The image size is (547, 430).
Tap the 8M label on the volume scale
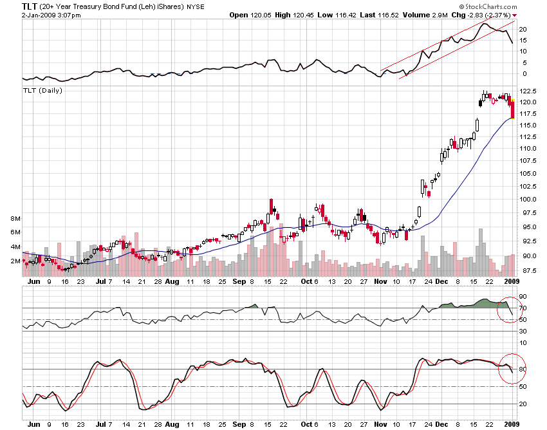click(x=15, y=219)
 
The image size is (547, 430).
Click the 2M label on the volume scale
click(x=15, y=261)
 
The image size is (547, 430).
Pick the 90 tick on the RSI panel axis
click(x=523, y=297)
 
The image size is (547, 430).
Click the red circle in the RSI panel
click(x=511, y=310)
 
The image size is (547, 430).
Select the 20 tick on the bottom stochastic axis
click(x=523, y=404)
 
